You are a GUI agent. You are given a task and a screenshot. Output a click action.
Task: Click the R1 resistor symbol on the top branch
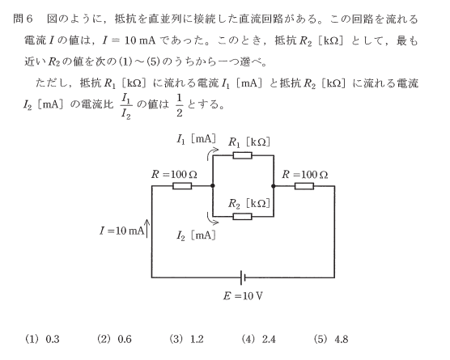[243, 155]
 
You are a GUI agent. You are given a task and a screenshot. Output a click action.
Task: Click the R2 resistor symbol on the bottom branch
[243, 217]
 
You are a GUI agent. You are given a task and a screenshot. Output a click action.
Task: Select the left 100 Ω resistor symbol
[182, 186]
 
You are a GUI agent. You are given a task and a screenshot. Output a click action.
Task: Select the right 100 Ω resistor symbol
[304, 186]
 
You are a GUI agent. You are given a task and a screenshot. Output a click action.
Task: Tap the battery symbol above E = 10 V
[243, 277]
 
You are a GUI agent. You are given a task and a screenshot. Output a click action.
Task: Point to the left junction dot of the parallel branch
[213, 186]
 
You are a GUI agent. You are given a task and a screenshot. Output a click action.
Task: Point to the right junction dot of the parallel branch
[274, 186]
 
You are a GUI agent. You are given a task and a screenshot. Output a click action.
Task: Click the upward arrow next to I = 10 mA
[147, 229]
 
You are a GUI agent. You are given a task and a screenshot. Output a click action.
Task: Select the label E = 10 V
[243, 296]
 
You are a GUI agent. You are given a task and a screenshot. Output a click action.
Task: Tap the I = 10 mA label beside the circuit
[121, 231]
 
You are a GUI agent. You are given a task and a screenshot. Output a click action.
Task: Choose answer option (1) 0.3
[42, 339]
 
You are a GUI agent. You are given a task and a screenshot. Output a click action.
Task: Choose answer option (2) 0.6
[114, 339]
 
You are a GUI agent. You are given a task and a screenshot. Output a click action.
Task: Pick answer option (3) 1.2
[186, 339]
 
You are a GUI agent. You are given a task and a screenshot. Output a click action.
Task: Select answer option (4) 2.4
[258, 339]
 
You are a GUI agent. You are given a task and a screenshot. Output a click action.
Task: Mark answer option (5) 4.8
[331, 339]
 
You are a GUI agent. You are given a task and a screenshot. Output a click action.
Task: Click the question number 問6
[23, 19]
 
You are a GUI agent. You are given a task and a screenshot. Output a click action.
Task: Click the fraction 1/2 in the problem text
[180, 105]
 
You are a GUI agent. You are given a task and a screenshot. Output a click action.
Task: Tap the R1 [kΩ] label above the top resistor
[249, 142]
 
